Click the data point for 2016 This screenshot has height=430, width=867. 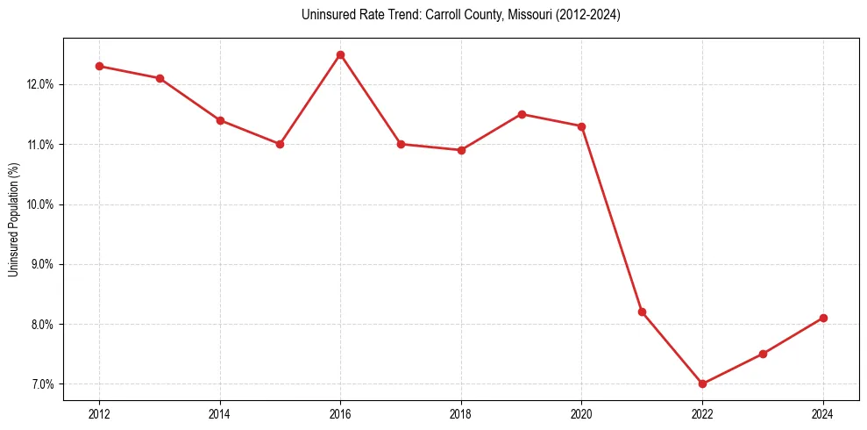coord(340,54)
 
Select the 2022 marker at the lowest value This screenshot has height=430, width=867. coord(702,383)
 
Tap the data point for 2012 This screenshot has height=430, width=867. coord(99,66)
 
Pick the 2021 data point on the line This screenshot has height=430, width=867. coord(642,312)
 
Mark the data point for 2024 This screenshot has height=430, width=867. coord(823,318)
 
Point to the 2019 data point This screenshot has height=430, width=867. coord(522,114)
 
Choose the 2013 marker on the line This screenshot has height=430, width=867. coord(160,78)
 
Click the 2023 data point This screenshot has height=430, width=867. coord(763,354)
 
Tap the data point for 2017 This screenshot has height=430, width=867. coord(401,144)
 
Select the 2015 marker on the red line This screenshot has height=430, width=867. coord(280,144)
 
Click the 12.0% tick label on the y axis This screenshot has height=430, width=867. coord(41,84)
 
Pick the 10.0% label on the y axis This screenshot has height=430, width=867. coord(41,204)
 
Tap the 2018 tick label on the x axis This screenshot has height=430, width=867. coord(461,413)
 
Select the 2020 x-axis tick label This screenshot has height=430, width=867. coord(581,413)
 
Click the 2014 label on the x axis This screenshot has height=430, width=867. coord(220,413)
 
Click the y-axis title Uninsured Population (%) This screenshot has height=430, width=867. coord(13,219)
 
